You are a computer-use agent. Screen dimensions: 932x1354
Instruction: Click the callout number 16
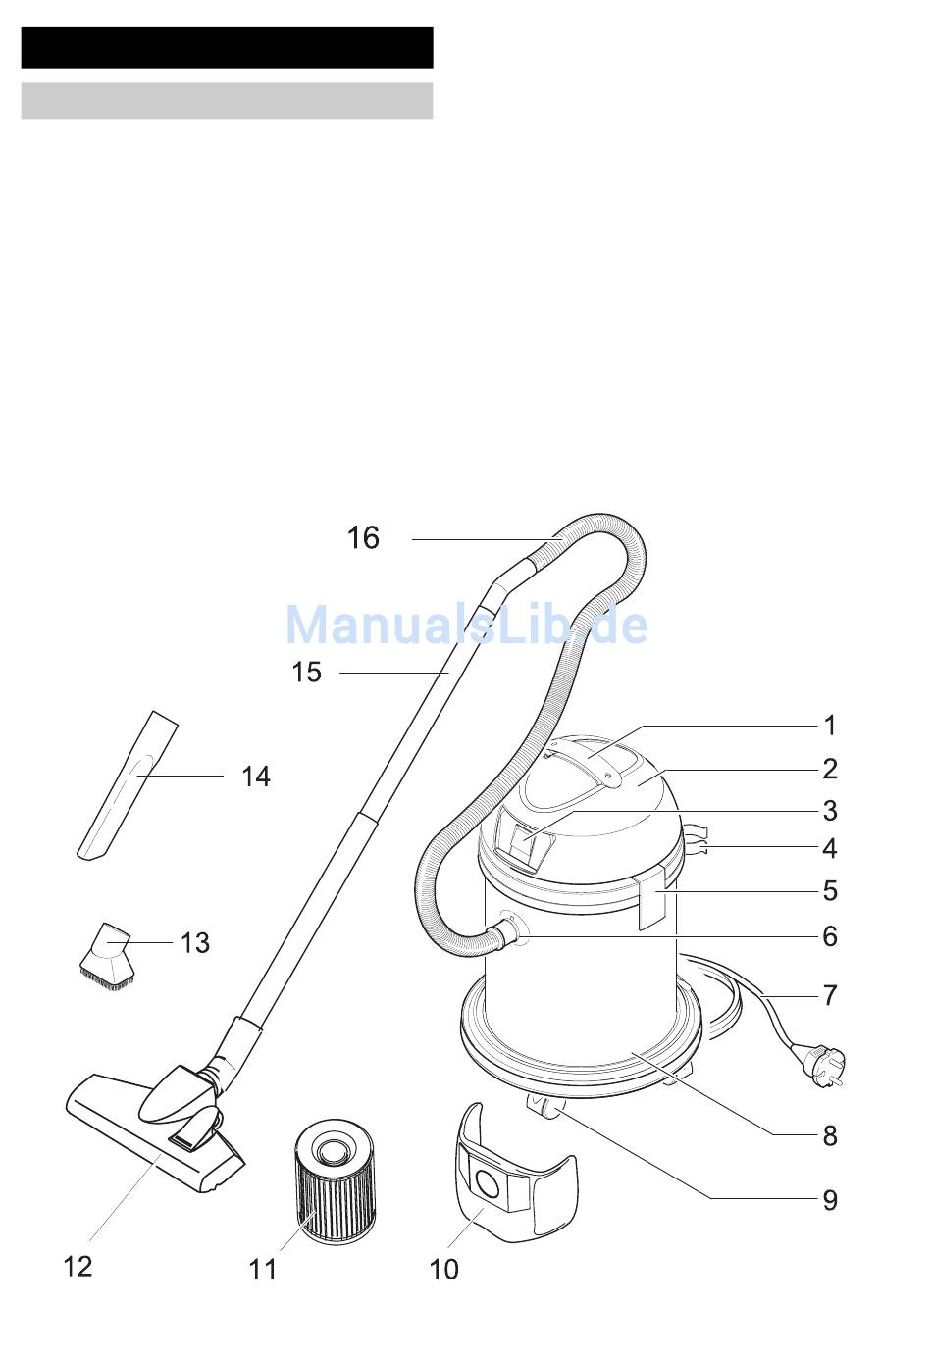pyautogui.click(x=362, y=537)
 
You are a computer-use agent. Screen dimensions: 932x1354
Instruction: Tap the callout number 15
pyautogui.click(x=306, y=673)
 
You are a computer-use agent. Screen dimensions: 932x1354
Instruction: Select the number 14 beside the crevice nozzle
pyautogui.click(x=256, y=777)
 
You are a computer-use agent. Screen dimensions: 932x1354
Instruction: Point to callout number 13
pyautogui.click(x=195, y=942)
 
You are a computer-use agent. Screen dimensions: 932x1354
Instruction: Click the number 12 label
pyautogui.click(x=78, y=1267)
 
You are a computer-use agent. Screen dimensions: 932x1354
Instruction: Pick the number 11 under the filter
pyautogui.click(x=263, y=1270)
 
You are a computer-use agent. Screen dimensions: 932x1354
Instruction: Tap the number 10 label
pyautogui.click(x=443, y=1270)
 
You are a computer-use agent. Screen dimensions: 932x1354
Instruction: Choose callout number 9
pyautogui.click(x=830, y=1200)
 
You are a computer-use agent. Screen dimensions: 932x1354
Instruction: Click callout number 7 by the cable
pyautogui.click(x=830, y=995)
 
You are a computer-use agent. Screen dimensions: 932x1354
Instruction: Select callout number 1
pyautogui.click(x=830, y=726)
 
